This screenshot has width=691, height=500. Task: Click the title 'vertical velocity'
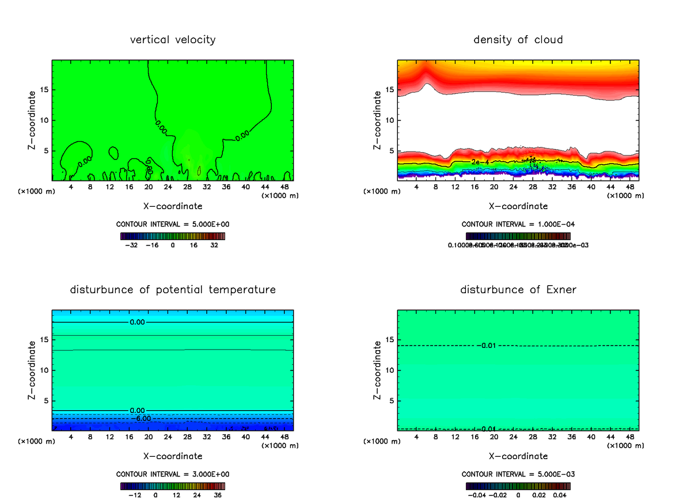(173, 40)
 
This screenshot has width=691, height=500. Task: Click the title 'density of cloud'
(518, 40)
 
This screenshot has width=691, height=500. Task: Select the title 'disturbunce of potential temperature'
(173, 289)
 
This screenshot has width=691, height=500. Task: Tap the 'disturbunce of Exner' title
(518, 289)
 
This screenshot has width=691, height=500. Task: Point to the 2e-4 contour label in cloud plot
(480, 162)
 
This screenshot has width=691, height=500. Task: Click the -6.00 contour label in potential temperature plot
(141, 418)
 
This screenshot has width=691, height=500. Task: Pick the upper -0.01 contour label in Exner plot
(487, 346)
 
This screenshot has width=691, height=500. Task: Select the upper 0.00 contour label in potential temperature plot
(138, 322)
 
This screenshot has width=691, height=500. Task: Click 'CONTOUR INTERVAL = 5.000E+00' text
(173, 224)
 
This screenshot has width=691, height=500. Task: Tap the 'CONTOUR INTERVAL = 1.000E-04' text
(518, 224)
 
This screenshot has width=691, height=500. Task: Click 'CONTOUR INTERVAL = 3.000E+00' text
(173, 474)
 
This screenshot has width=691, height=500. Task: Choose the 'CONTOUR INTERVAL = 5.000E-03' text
(518, 474)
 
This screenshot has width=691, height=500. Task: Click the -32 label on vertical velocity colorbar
(132, 245)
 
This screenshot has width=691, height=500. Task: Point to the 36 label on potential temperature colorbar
(218, 494)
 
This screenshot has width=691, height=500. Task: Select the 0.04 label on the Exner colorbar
(560, 494)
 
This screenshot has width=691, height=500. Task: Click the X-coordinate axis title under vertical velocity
(173, 206)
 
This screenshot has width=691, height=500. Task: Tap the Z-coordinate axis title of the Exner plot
(378, 370)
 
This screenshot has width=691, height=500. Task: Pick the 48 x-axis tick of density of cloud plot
(630, 187)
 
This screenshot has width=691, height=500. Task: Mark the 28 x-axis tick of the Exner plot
(533, 437)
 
